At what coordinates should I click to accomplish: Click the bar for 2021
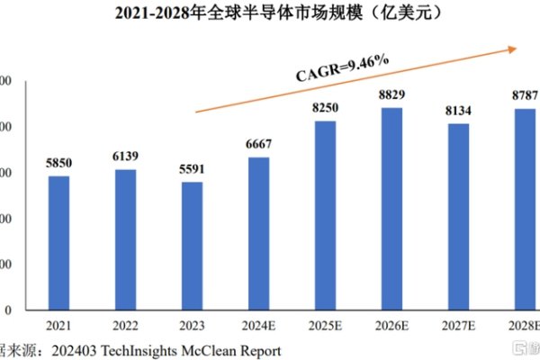coord(58,243)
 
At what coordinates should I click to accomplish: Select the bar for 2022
coord(125,239)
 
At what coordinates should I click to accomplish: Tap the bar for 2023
coord(192,246)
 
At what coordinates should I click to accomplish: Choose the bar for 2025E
coord(325,216)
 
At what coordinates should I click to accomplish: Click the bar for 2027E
coord(458,217)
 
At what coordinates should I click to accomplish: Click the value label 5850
coord(58,163)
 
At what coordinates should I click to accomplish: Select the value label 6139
coord(125,157)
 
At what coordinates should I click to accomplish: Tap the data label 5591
coord(192,169)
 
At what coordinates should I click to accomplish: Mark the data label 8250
coord(325,108)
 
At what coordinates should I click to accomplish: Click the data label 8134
coord(458,111)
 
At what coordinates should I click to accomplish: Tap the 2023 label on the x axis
coord(192,326)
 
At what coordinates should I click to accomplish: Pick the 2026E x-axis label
coord(391,326)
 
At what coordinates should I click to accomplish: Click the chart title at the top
coord(270,13)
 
